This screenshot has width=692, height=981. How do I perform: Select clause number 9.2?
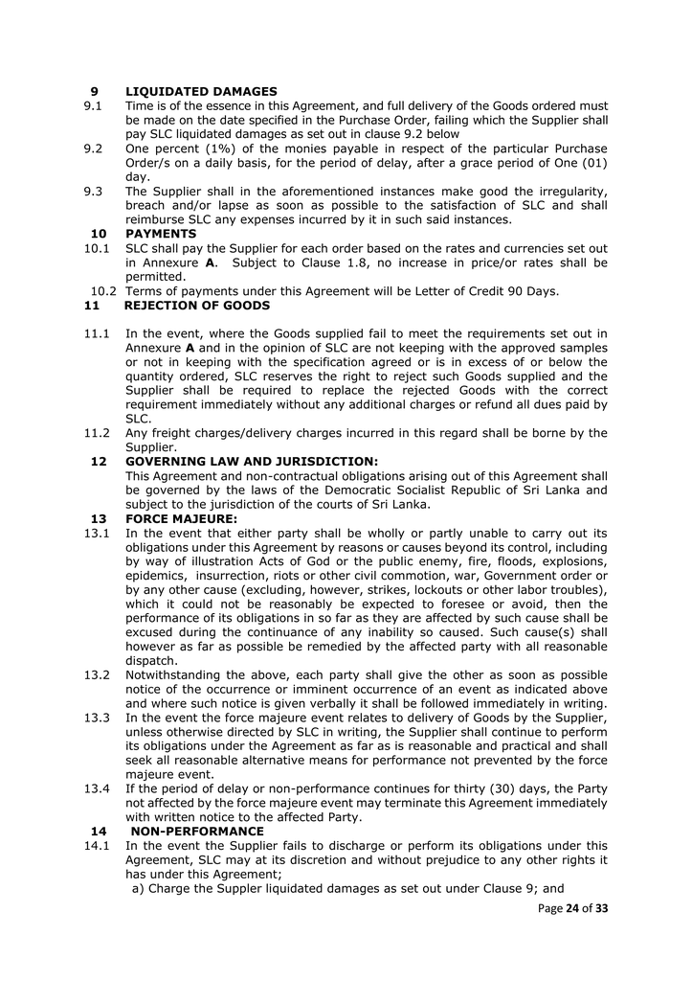93,148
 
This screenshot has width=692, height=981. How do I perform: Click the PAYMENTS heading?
161,234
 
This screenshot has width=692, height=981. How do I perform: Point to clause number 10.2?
105,291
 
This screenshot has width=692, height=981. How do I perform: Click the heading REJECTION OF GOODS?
197,306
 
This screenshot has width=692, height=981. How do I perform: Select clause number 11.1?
97,333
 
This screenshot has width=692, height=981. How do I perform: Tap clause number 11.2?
97,433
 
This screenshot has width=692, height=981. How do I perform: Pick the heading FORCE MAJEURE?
181,518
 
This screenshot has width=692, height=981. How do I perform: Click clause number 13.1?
97,533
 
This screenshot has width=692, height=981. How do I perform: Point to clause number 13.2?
97,675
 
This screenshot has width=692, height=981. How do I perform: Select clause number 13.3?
97,718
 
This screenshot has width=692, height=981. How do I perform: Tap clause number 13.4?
97,788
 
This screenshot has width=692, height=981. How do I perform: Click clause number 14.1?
97,846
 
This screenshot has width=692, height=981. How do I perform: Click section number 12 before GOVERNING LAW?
99,462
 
